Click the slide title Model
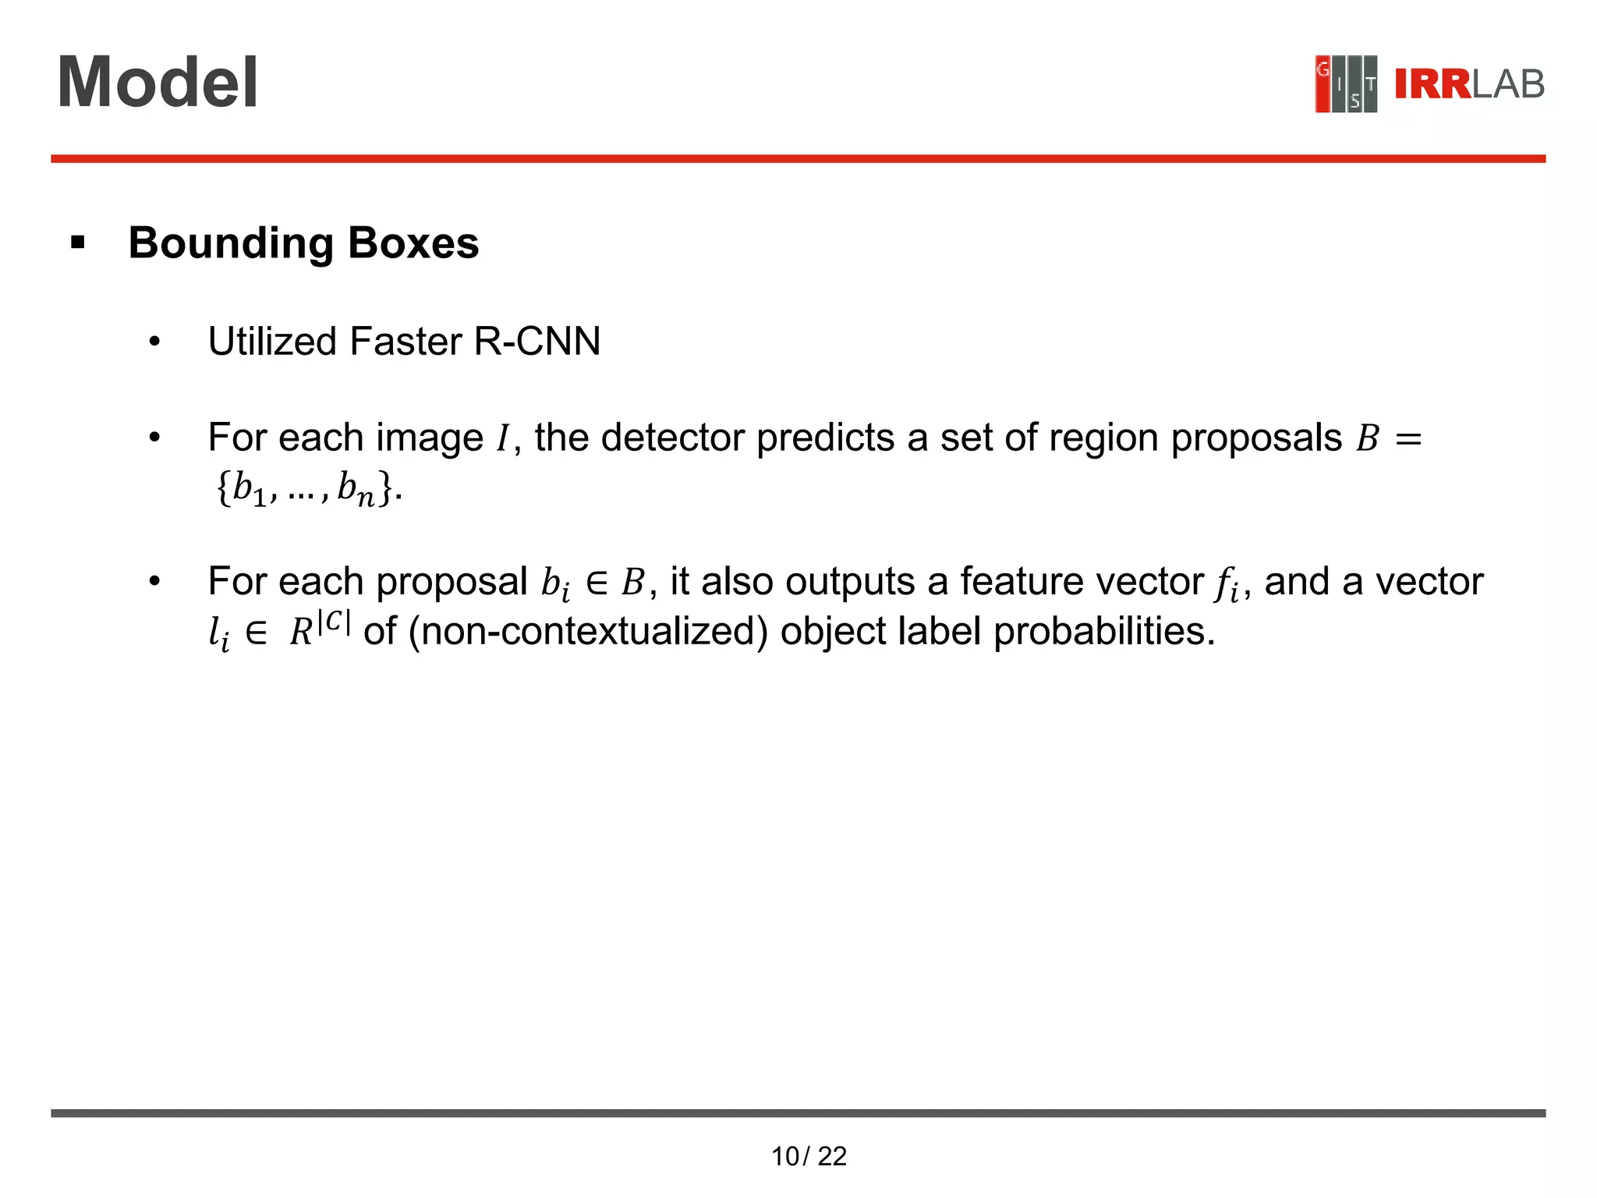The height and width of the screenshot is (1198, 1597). point(158,83)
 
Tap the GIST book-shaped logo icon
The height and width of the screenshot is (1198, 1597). point(1345,83)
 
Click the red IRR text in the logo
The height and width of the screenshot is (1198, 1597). point(1432,84)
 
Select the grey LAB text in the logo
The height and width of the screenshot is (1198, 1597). point(1508,84)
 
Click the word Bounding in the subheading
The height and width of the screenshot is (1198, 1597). point(231,243)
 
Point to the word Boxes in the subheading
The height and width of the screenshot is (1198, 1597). point(413,243)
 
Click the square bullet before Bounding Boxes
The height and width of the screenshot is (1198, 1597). point(77,243)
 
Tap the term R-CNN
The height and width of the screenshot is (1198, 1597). point(537,342)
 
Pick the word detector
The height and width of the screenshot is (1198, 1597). point(671,438)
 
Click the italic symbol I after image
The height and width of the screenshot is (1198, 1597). point(502,439)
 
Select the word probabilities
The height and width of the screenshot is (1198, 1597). point(1103,631)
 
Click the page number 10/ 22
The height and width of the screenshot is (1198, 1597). point(809,1156)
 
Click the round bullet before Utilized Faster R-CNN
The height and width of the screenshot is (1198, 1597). point(154,342)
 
